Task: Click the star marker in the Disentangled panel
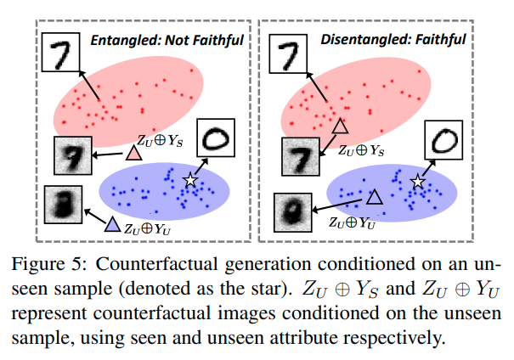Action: coord(417,181)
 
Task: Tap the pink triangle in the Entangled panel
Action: coord(133,155)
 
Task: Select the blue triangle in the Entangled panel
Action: coord(111,225)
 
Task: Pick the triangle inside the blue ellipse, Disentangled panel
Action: coord(373,198)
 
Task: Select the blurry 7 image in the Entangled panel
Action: coord(73,156)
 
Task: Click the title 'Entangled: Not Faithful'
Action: coord(167,39)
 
